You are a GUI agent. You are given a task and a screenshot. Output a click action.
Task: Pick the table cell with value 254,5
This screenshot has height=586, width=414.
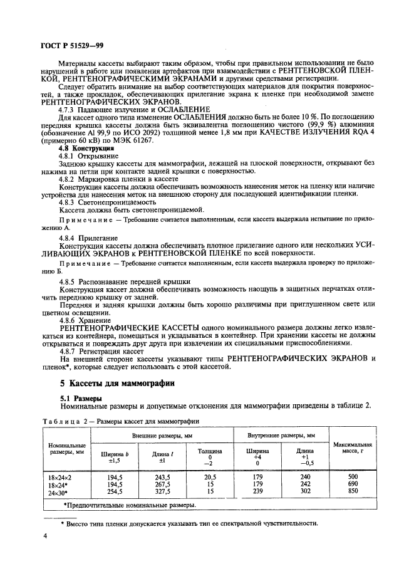[x=114, y=492]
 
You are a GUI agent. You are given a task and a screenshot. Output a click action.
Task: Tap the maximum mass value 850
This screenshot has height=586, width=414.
[x=352, y=492]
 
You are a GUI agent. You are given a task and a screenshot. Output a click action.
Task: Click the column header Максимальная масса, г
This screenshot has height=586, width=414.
[x=352, y=448]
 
